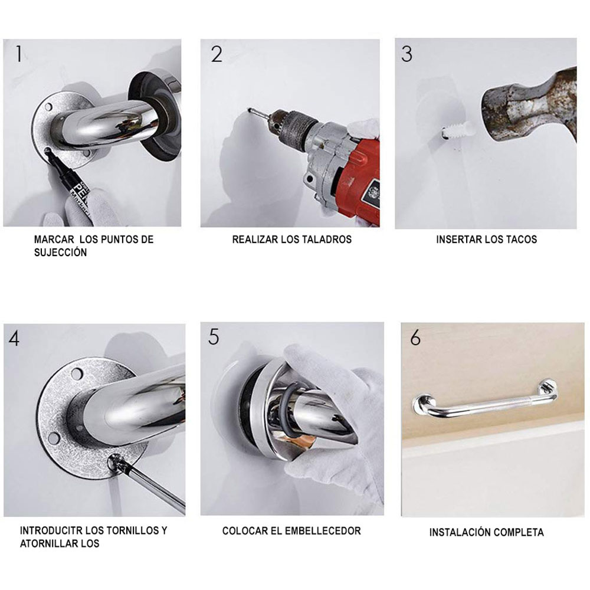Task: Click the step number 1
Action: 19,54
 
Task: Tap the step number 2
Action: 217,54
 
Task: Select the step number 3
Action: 407,54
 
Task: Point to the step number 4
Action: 14,338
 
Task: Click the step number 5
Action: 214,336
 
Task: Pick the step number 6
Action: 415,338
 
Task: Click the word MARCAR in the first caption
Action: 53,240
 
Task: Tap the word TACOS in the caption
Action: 521,240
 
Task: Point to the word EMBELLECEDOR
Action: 323,531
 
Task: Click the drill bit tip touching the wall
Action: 251,112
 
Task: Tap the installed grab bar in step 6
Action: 484,405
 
